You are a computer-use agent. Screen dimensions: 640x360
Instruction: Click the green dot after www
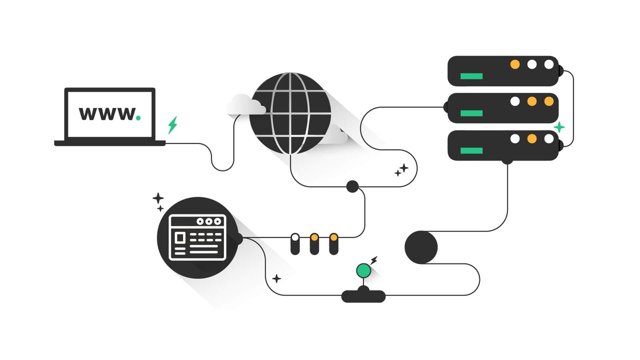[138, 118]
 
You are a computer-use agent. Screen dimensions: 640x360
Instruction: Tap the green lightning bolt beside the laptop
[172, 125]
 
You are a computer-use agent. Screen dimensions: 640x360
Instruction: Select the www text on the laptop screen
[107, 114]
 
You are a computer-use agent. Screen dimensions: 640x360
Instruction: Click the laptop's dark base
[110, 143]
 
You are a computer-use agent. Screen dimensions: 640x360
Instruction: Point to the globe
[290, 113]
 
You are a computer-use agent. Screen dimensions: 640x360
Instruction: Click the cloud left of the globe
[246, 104]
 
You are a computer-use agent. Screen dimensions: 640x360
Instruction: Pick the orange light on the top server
[515, 64]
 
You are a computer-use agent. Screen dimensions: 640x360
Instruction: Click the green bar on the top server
[472, 76]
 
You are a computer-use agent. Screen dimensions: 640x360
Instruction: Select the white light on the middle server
[515, 102]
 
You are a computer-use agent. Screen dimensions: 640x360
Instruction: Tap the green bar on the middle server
[472, 113]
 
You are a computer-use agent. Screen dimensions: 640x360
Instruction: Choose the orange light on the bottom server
[532, 139]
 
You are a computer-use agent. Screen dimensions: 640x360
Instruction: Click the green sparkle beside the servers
[559, 127]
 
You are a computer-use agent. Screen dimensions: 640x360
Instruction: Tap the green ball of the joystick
[364, 270]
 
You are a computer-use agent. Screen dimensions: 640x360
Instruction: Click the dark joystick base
[364, 296]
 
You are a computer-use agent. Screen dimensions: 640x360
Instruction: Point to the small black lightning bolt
[374, 260]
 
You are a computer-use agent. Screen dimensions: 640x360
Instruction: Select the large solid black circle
[421, 247]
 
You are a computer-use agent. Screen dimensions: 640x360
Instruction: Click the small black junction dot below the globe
[352, 186]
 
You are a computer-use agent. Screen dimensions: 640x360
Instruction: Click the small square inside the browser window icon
[180, 238]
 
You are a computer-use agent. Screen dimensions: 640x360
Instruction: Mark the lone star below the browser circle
[276, 278]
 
